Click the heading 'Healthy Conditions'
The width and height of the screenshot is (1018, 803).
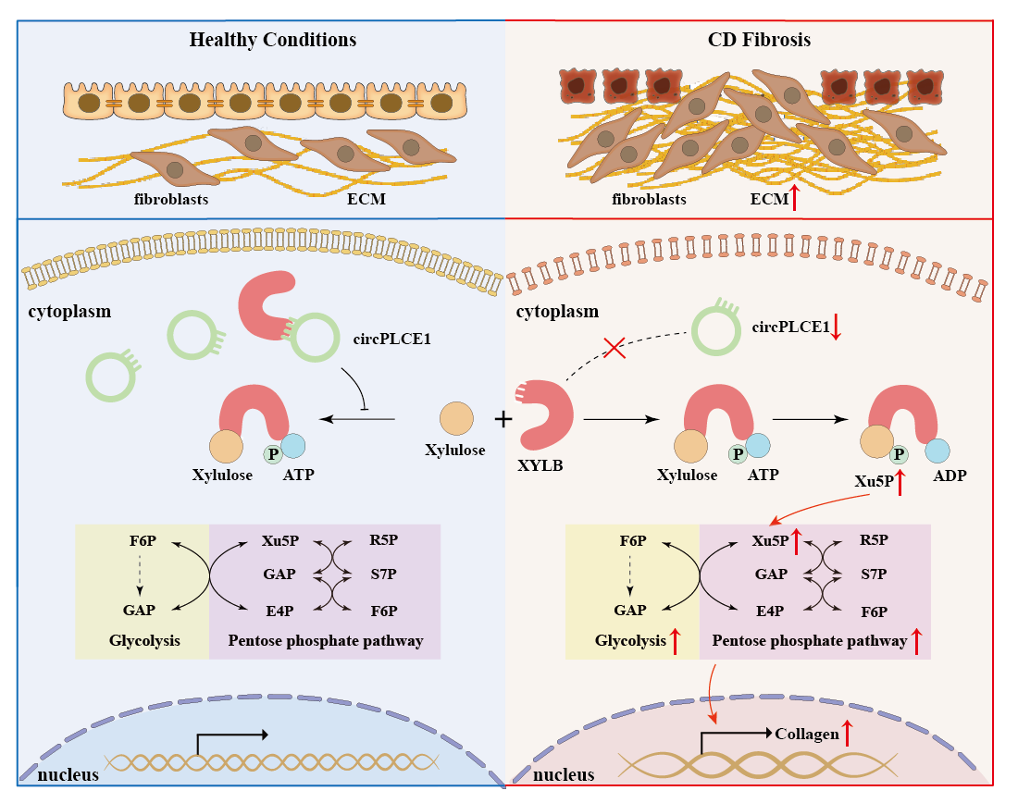tap(273, 40)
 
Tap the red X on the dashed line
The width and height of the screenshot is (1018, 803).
tap(613, 349)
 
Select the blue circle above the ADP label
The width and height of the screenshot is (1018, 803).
tap(937, 451)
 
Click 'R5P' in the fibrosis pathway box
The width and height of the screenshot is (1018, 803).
tap(874, 540)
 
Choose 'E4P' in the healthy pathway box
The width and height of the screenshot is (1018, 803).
tap(279, 611)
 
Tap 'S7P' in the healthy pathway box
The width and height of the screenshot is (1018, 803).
tap(382, 574)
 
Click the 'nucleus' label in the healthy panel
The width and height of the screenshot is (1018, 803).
tap(68, 772)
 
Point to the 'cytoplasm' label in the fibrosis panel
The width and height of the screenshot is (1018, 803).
tap(558, 312)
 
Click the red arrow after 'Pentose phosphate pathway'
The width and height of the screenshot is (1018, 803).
tap(918, 641)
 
